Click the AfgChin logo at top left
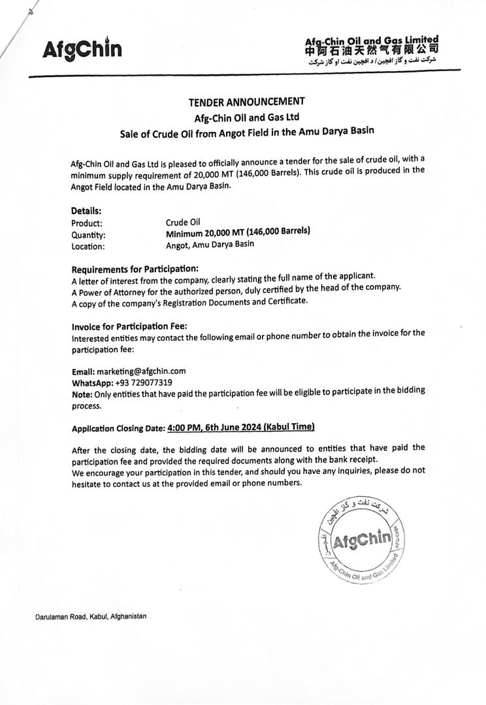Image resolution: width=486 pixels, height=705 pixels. tap(82, 49)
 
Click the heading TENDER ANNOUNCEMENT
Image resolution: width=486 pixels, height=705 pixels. tap(246, 101)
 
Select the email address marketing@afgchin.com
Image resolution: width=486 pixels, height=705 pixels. tap(141, 371)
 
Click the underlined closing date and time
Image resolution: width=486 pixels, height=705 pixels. tap(241, 428)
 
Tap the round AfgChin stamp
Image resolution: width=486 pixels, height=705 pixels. tap(359, 539)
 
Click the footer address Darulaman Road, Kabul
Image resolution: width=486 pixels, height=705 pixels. tap(91, 616)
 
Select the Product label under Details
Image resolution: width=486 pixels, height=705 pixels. tap(86, 223)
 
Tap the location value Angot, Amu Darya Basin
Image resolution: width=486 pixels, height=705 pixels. tap(210, 244)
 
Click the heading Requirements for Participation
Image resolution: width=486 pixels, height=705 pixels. tap(135, 269)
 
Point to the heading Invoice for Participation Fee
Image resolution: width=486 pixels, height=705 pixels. tap(129, 326)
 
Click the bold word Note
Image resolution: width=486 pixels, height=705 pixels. tap(82, 394)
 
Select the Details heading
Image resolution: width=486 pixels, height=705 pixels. tap(86, 211)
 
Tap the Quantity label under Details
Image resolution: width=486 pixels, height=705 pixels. tap(88, 235)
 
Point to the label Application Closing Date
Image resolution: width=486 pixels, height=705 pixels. tap(118, 428)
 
